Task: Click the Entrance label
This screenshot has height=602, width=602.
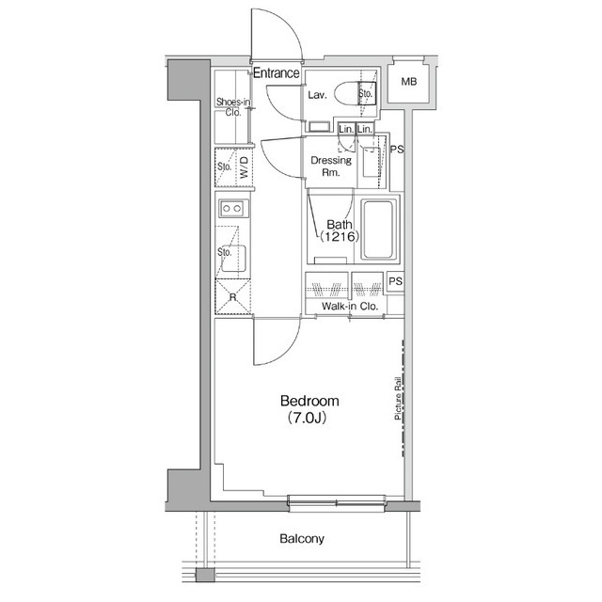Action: click(x=276, y=73)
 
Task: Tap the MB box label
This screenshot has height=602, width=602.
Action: click(x=409, y=83)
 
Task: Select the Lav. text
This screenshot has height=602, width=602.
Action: click(x=316, y=95)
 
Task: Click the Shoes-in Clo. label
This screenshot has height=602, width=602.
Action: click(x=231, y=106)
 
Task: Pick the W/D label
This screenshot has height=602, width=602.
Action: click(x=244, y=169)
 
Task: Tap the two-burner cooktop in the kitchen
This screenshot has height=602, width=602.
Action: click(x=230, y=208)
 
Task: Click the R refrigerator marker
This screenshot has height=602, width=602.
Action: click(x=231, y=297)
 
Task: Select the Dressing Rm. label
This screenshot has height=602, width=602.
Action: click(x=331, y=166)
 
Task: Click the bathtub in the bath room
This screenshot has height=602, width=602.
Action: click(x=380, y=230)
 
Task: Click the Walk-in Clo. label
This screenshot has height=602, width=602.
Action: click(x=349, y=307)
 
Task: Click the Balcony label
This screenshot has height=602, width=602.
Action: click(x=301, y=539)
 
